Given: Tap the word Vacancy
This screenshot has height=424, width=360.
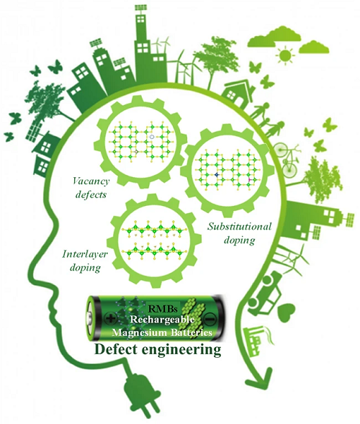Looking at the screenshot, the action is tap(91, 181).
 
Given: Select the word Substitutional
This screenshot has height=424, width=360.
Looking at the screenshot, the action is tap(239, 226).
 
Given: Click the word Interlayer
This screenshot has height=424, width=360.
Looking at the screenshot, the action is tap(85, 254).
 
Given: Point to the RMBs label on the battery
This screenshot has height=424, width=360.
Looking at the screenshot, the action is tap(162, 308).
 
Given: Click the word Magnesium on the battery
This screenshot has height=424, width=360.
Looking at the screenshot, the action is tap(140, 333).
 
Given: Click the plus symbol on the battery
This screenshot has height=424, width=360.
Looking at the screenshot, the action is tap(110, 318).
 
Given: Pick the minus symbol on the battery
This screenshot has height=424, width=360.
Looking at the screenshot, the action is tap(209, 319).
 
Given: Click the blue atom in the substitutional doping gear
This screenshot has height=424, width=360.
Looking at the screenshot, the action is tap(217, 175).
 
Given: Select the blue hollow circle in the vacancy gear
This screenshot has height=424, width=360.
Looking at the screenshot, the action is tap(152, 137).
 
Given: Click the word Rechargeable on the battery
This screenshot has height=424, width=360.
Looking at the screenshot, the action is tap(162, 320).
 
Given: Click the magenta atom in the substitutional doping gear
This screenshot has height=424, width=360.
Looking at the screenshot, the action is tap(249, 179).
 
